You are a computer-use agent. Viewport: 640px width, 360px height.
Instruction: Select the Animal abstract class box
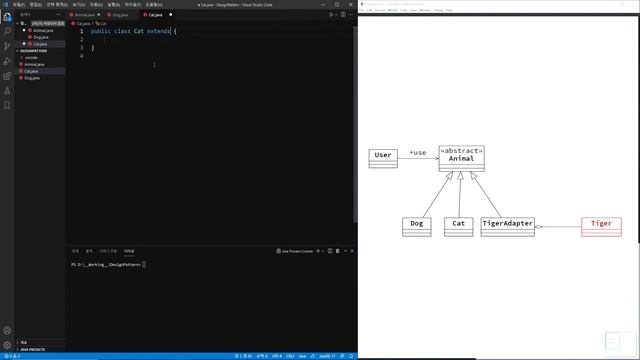(x=461, y=158)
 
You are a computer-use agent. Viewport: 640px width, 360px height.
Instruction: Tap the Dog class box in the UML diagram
(x=417, y=226)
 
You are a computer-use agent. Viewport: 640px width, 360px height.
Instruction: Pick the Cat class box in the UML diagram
(x=458, y=226)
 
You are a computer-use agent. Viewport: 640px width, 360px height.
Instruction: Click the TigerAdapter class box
(x=507, y=226)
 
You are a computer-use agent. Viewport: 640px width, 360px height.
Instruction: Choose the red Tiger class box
(x=601, y=226)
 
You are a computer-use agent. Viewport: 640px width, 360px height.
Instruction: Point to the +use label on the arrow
(x=418, y=153)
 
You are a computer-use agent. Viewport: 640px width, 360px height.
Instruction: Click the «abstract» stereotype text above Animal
(x=461, y=150)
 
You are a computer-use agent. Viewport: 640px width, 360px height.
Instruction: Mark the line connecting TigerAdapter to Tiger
(x=560, y=228)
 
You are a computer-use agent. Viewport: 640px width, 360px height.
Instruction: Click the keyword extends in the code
(x=158, y=32)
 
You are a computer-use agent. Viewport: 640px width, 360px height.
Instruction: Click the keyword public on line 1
(x=100, y=32)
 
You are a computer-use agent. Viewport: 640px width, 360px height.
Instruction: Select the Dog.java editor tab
(x=120, y=15)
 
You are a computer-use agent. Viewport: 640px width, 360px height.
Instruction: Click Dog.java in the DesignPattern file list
(x=34, y=78)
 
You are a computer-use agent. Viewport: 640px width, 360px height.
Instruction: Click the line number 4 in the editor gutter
(x=81, y=56)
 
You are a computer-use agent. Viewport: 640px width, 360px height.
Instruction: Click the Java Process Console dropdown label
(x=299, y=251)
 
